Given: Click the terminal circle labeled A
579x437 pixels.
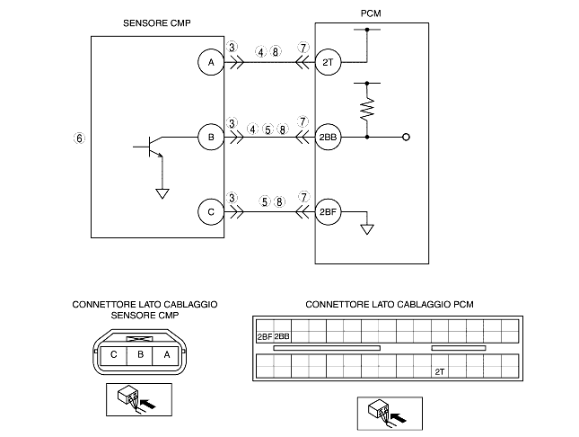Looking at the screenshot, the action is [x=211, y=62].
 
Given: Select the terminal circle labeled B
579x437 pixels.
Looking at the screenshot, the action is [x=211, y=137].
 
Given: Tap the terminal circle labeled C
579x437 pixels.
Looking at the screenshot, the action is [x=211, y=212].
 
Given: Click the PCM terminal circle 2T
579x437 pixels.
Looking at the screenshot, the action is [x=328, y=62].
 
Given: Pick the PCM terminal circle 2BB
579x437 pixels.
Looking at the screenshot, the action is [x=328, y=137].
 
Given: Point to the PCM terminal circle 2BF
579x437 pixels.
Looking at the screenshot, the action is [x=328, y=212].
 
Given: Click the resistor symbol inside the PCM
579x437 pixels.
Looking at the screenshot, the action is [x=367, y=109].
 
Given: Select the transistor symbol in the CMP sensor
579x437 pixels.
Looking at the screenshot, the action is [x=150, y=147].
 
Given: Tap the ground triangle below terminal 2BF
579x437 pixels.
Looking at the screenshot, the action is [x=367, y=229].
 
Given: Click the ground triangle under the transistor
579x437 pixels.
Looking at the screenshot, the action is [x=162, y=193].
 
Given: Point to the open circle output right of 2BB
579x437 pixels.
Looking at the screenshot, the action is [x=406, y=138].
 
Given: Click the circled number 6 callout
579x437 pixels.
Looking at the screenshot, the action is [x=79, y=138].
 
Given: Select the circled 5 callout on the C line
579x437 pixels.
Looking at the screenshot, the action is [x=265, y=201].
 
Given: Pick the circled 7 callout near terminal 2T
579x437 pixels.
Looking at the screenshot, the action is [x=303, y=48].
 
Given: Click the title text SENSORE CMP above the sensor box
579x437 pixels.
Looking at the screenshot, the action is [x=157, y=23].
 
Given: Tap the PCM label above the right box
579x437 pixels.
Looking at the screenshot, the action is [x=371, y=13].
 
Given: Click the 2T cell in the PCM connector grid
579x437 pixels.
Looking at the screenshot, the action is [x=440, y=372].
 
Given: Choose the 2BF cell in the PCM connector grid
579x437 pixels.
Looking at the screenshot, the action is [x=265, y=336].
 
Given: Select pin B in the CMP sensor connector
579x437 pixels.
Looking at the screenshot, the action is [x=140, y=354].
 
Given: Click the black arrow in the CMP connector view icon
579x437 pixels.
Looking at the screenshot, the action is [x=148, y=404].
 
